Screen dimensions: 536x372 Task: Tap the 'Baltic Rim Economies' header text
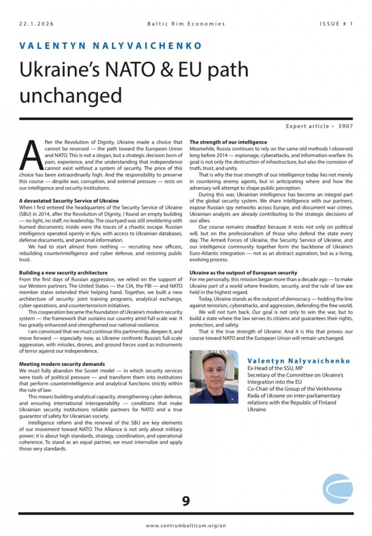[x=186, y=23]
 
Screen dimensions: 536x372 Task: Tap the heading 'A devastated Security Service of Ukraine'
[x=69, y=200]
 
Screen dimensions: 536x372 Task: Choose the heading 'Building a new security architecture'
[x=63, y=272]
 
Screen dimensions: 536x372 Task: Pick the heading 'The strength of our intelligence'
[x=228, y=142]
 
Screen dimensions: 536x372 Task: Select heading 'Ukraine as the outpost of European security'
[x=243, y=272]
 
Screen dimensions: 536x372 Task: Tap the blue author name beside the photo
[x=299, y=361]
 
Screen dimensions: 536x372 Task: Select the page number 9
[x=186, y=501]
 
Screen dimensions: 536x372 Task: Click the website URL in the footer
[x=186, y=525]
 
